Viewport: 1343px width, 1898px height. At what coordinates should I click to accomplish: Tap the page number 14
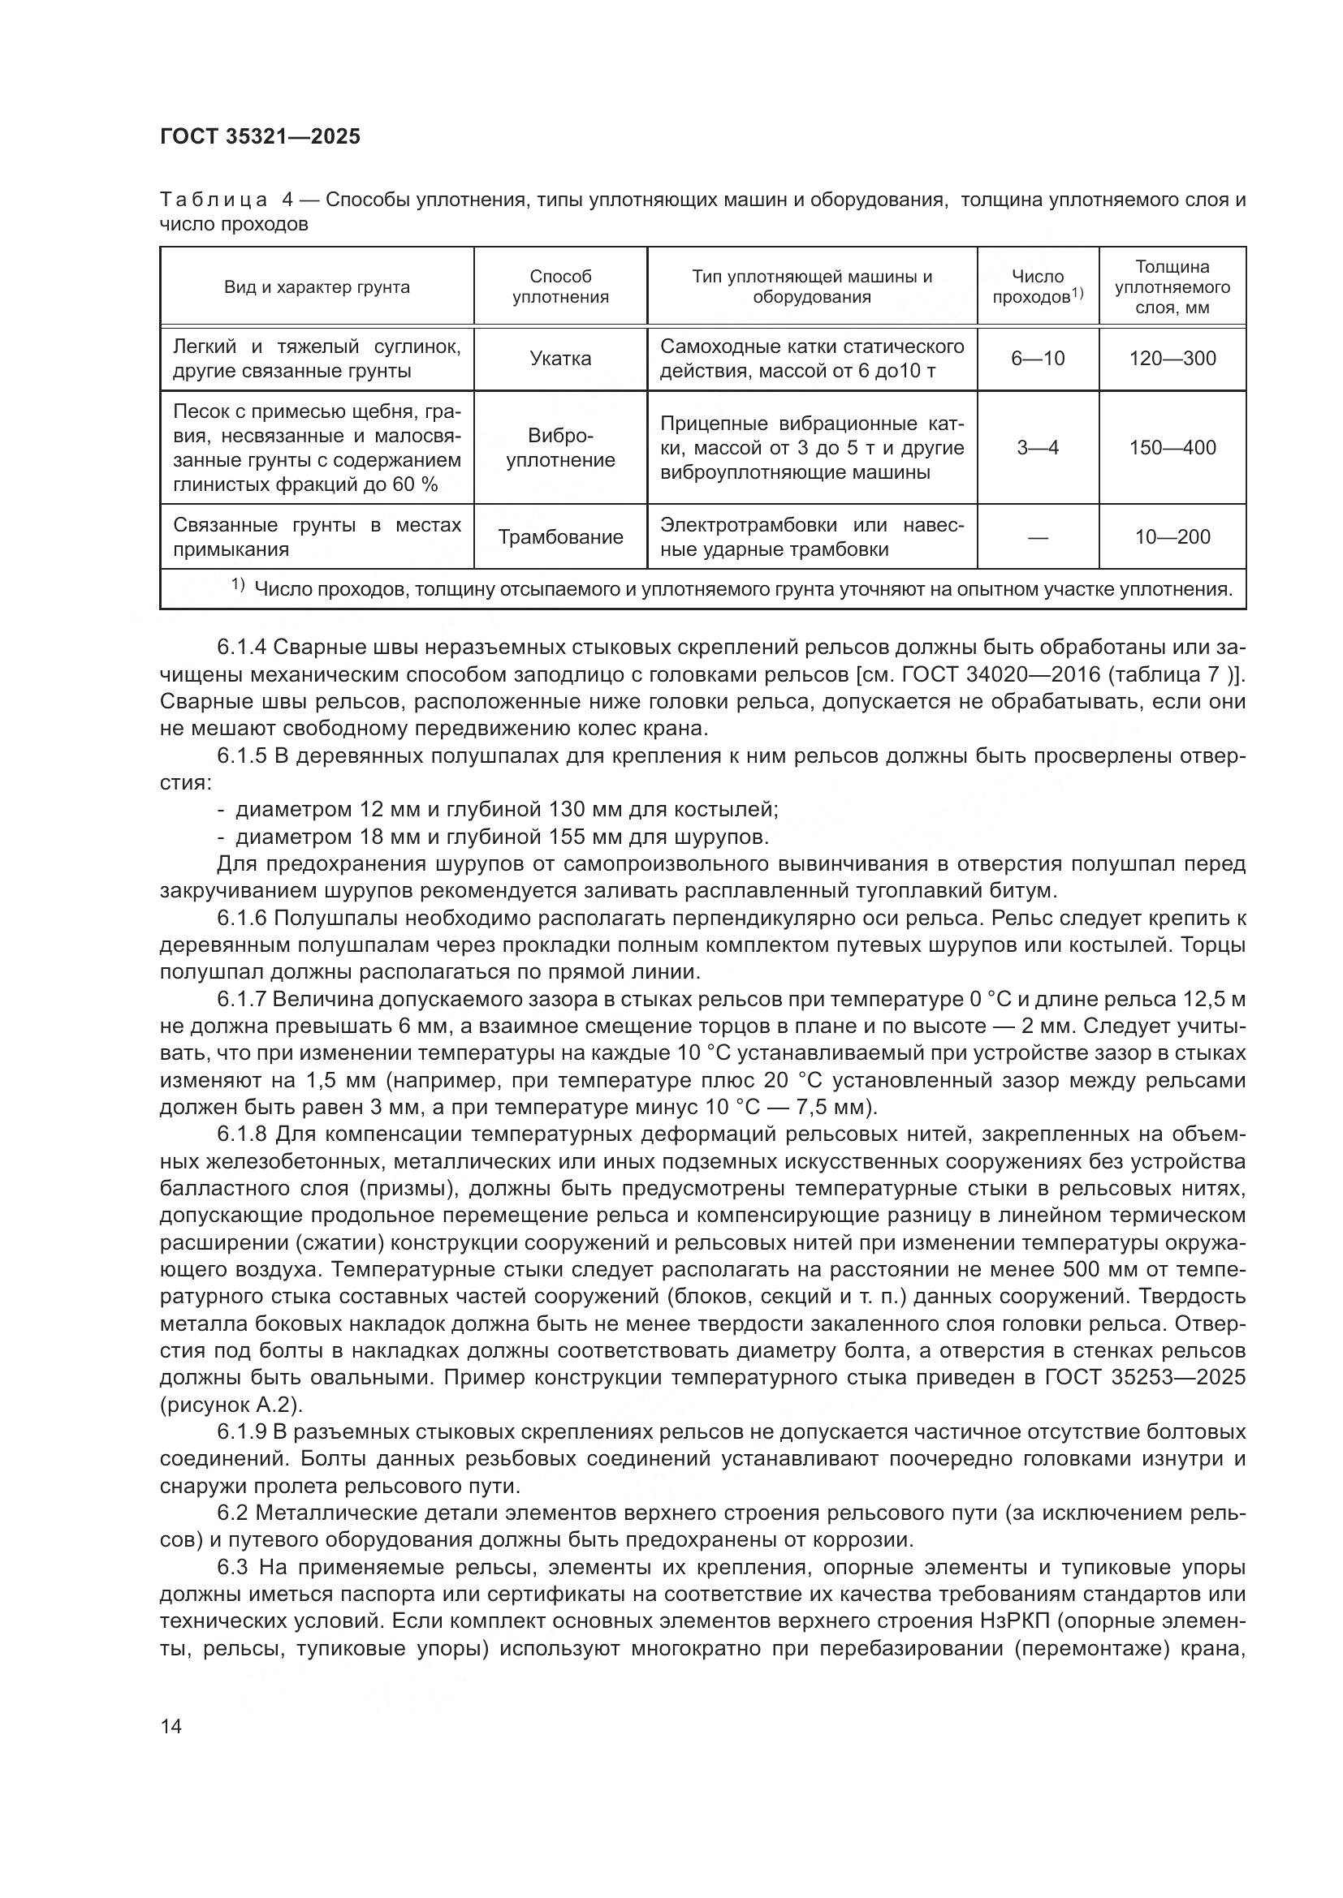(x=171, y=1725)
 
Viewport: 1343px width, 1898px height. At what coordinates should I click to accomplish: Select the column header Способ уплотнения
(x=560, y=286)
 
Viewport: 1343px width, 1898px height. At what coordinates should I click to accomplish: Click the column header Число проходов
(x=1037, y=286)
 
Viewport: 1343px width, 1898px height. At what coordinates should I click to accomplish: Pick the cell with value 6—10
(x=1037, y=359)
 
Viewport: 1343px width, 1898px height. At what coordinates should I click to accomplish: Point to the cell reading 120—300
(x=1172, y=359)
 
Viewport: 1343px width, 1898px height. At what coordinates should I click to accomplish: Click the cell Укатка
(x=560, y=359)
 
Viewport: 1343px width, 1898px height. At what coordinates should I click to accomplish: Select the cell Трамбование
(x=560, y=537)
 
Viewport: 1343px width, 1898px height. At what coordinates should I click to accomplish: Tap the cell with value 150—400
(x=1172, y=448)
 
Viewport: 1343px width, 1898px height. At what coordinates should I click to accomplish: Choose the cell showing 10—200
(x=1172, y=537)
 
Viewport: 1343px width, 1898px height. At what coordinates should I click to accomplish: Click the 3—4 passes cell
(x=1037, y=448)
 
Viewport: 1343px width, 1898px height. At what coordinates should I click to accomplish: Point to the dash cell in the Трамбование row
(x=1037, y=538)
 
